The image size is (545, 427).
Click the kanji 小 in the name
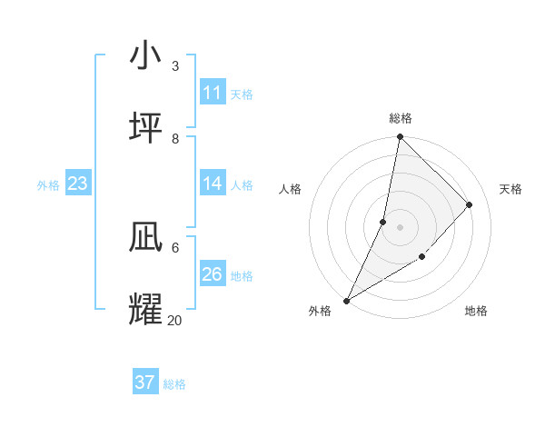tap(146, 56)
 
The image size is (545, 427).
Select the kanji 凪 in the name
tap(146, 237)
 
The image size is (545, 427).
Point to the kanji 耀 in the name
tap(146, 310)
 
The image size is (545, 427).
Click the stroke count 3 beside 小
tap(175, 66)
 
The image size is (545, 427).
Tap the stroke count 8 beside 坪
tap(175, 139)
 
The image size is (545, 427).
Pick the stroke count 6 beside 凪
tap(175, 247)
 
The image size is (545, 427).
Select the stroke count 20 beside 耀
tap(174, 320)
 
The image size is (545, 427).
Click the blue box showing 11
tap(213, 93)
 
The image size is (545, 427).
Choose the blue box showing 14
tap(213, 184)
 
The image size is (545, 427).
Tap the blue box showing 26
tap(213, 274)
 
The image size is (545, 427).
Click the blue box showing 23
tap(77, 184)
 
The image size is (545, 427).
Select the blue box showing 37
tap(145, 382)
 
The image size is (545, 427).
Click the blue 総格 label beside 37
tap(174, 384)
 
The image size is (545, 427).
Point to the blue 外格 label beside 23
tap(48, 185)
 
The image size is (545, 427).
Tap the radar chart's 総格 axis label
tap(400, 118)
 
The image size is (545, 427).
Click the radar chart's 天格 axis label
tap(510, 189)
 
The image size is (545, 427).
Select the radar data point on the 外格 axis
tap(346, 301)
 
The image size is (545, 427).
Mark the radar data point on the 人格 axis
tap(383, 222)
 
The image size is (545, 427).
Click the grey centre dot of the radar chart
tap(400, 227)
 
